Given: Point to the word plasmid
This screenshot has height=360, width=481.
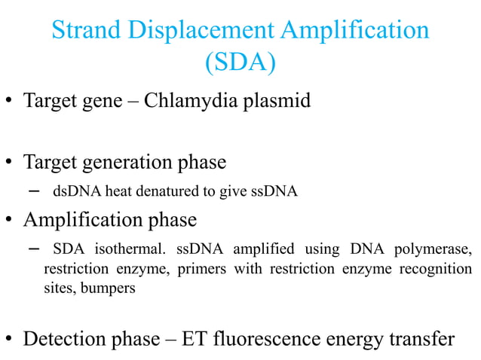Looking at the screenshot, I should point(275,101).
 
